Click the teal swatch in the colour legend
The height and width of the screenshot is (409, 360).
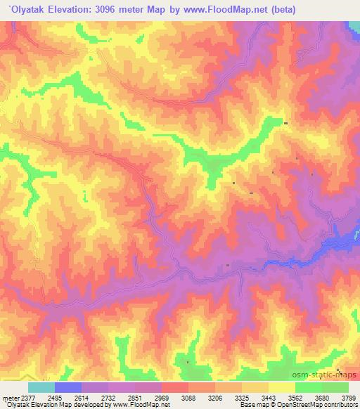(x=41, y=387)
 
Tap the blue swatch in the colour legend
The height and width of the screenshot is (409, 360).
(x=68, y=387)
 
